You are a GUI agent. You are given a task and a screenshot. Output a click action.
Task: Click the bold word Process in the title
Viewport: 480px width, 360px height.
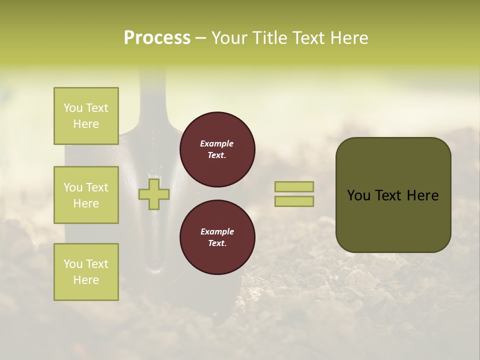(157, 38)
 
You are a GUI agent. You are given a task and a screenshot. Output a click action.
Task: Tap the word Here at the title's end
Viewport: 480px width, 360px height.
(348, 38)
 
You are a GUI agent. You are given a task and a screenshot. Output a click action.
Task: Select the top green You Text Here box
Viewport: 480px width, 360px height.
(86, 116)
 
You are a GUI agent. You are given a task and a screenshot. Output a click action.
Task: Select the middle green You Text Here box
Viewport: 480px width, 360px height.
(86, 195)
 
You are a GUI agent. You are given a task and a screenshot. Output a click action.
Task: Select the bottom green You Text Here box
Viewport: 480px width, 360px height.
(86, 272)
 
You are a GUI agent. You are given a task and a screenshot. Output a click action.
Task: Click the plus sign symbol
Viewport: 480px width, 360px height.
(154, 194)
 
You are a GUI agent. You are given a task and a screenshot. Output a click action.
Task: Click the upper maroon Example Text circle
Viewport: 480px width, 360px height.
(217, 149)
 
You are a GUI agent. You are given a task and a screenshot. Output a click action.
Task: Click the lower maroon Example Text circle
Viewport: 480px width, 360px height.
(217, 237)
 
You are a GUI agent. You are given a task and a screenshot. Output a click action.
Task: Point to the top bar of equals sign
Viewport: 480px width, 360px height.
(294, 186)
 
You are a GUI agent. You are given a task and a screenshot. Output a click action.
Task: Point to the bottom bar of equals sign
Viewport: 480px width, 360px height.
(294, 201)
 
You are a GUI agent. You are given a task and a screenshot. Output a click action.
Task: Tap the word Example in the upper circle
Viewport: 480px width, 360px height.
(216, 144)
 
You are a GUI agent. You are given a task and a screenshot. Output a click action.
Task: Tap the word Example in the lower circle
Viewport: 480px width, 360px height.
(217, 232)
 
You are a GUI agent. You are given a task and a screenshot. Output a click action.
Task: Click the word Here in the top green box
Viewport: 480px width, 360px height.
(86, 124)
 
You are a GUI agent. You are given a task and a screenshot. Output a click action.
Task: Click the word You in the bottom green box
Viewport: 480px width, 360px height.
(73, 264)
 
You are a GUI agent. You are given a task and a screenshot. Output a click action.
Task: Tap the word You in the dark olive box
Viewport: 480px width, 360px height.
(358, 195)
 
